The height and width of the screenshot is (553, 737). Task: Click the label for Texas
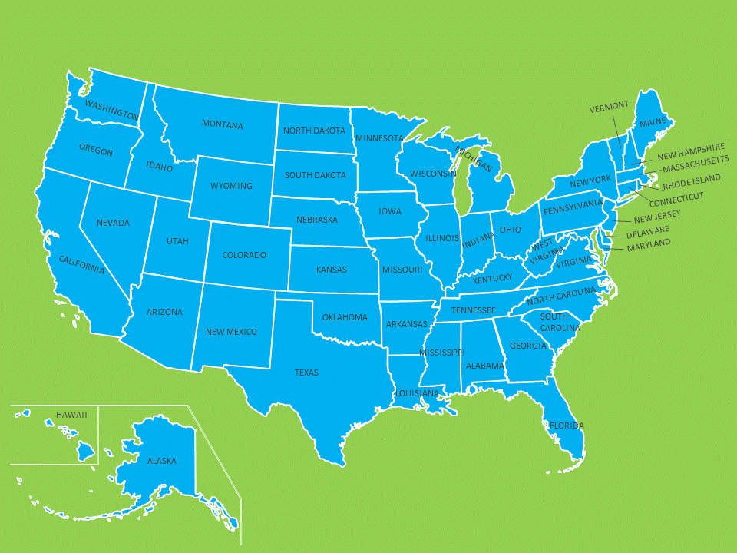[306, 373]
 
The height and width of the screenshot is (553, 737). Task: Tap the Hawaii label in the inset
[71, 415]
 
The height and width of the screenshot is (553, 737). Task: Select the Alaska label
[162, 461]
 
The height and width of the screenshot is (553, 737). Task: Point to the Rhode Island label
[692, 182]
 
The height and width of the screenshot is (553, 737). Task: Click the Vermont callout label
[609, 106]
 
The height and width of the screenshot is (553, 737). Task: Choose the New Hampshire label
[691, 151]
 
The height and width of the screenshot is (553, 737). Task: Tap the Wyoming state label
[231, 186]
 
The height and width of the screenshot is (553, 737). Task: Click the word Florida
[566, 425]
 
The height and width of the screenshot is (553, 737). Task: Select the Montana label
[222, 124]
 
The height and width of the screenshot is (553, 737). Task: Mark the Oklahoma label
[345, 317]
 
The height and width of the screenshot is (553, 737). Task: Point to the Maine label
[653, 122]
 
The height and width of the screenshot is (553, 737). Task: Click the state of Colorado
[244, 255]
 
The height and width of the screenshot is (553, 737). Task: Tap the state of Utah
[177, 241]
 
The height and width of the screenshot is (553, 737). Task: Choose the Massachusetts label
[696, 164]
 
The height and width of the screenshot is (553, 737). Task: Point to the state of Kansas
[332, 270]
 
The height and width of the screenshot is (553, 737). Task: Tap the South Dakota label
[315, 175]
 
